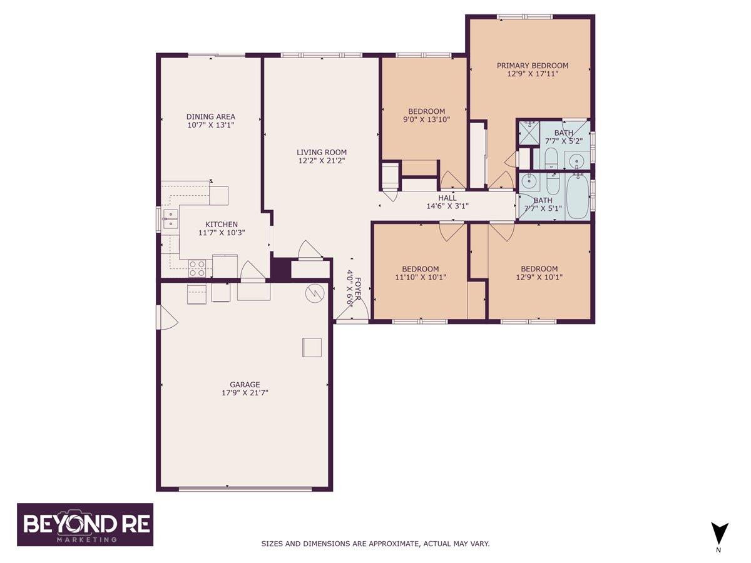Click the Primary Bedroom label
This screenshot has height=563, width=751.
pyautogui.click(x=532, y=66)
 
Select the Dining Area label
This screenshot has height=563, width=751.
pyautogui.click(x=211, y=116)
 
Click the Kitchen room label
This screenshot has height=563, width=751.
pyautogui.click(x=222, y=225)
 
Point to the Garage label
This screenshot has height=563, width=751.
pyautogui.click(x=245, y=385)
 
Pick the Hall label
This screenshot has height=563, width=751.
pyautogui.click(x=447, y=198)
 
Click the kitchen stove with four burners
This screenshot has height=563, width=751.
pyautogui.click(x=197, y=268)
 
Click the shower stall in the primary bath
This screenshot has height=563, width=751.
pyautogui.click(x=528, y=133)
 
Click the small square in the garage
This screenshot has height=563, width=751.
pyautogui.click(x=312, y=347)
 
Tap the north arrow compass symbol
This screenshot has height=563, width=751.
pyautogui.click(x=719, y=534)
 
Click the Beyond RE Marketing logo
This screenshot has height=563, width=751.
pyautogui.click(x=85, y=524)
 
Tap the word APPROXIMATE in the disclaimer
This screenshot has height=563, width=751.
pyautogui.click(x=394, y=544)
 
